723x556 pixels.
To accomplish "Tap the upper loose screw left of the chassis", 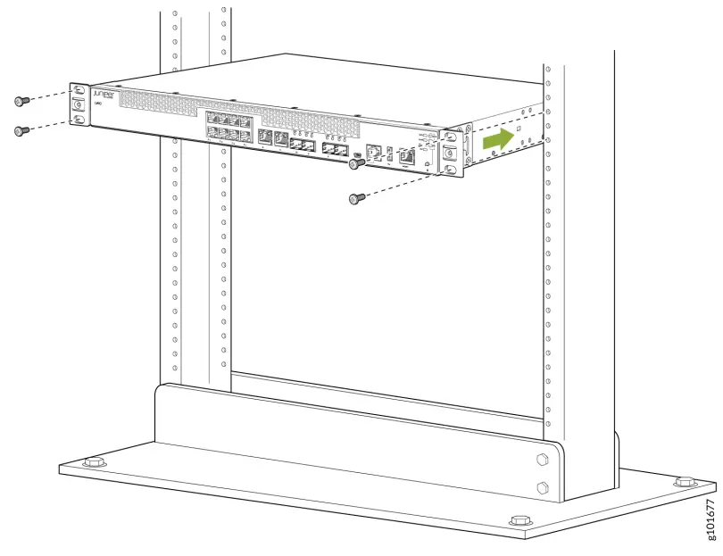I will pyautogui.click(x=22, y=101).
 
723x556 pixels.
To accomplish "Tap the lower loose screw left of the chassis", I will pyautogui.click(x=22, y=131).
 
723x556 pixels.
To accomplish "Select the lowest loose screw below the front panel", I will pyautogui.click(x=354, y=199).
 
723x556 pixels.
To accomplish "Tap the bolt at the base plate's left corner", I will pyautogui.click(x=90, y=463).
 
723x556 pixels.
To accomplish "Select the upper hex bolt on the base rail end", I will pyautogui.click(x=541, y=461).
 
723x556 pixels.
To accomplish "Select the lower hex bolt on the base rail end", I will pyautogui.click(x=541, y=487).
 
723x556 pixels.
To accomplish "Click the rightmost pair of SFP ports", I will pyautogui.click(x=336, y=147).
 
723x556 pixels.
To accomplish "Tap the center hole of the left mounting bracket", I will pyautogui.click(x=79, y=104).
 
